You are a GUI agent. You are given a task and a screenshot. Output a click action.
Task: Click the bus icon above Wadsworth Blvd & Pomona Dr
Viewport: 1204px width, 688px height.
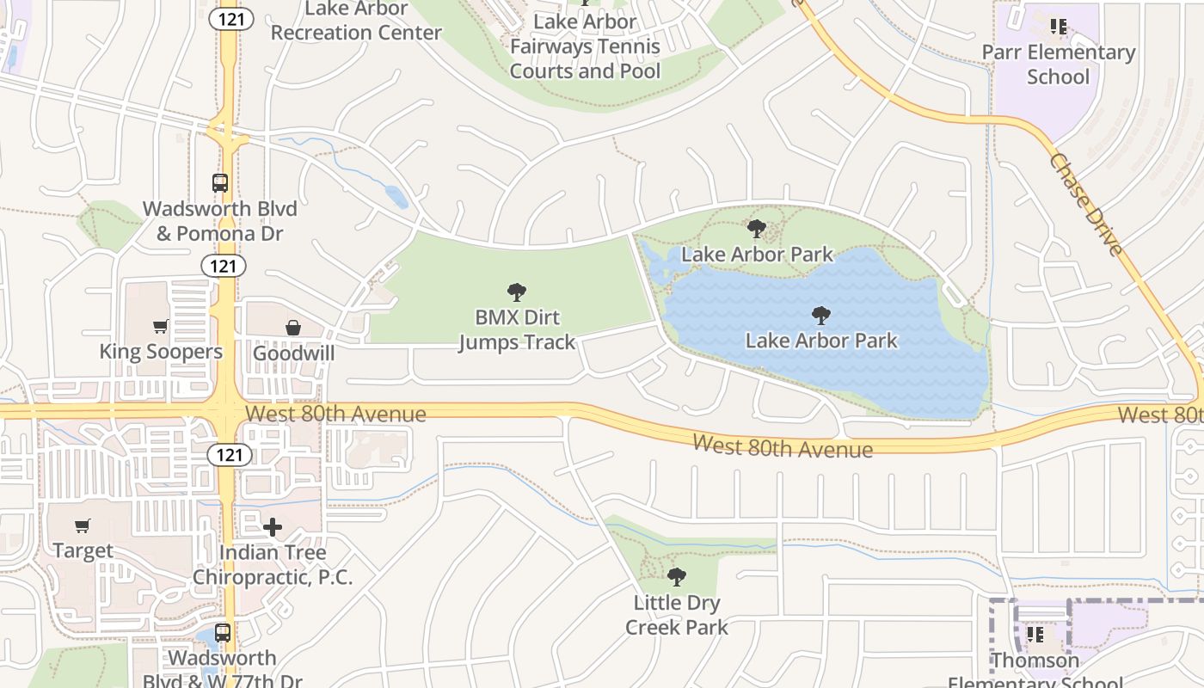click(x=220, y=183)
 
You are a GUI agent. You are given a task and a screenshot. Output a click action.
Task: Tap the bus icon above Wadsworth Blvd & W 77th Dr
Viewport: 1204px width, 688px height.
click(x=223, y=633)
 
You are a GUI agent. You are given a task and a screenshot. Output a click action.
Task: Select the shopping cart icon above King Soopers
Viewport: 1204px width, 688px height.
click(x=161, y=326)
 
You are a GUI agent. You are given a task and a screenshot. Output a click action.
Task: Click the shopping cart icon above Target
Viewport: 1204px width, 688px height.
click(x=83, y=525)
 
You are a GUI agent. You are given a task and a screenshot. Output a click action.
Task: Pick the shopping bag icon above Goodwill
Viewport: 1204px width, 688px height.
click(x=293, y=328)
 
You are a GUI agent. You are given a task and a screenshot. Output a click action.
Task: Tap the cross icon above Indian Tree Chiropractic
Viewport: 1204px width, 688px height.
click(x=273, y=527)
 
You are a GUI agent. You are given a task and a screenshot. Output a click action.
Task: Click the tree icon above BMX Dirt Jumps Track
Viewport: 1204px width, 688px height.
click(x=516, y=292)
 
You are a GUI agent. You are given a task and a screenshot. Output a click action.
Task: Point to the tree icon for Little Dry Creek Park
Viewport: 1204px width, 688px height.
click(x=677, y=577)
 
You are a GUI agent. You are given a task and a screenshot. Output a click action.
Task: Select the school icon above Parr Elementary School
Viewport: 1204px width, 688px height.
click(x=1059, y=27)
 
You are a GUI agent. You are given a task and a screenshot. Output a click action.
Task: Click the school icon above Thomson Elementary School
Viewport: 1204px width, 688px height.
click(x=1035, y=636)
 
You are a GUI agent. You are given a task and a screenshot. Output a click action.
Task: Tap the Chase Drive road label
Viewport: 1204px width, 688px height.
click(x=1086, y=205)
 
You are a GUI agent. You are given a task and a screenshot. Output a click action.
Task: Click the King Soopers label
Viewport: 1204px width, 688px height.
click(x=161, y=352)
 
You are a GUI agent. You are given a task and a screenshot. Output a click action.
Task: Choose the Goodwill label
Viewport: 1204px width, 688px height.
click(x=293, y=353)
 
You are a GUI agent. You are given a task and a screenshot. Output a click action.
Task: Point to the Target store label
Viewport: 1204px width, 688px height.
click(x=83, y=550)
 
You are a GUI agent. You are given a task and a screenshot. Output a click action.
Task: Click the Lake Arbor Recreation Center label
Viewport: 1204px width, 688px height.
click(x=356, y=21)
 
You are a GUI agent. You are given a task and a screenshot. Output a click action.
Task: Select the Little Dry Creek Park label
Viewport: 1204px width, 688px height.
click(x=677, y=615)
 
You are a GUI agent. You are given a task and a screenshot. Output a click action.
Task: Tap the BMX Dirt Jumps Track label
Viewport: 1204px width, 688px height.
click(x=517, y=329)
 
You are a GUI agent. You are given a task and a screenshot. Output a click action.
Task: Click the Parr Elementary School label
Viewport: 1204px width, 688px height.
click(x=1059, y=64)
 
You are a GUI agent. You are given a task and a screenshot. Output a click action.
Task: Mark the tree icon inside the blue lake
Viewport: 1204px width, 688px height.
click(x=821, y=315)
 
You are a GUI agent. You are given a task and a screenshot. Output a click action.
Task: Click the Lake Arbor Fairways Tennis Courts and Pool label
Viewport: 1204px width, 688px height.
click(x=586, y=46)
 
